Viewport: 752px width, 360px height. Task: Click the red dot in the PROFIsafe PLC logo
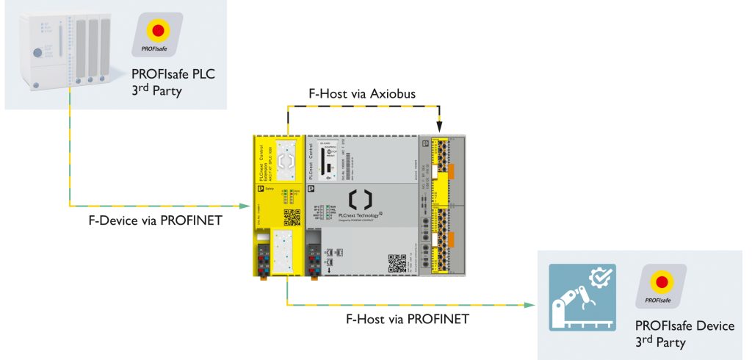point(157,31)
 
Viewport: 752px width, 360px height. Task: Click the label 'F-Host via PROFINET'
point(407,319)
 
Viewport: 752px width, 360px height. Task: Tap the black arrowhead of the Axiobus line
point(438,129)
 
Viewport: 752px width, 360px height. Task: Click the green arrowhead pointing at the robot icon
point(529,303)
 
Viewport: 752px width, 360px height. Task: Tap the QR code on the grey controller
point(397,262)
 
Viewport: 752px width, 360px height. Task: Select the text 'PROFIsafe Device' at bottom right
point(684,325)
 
